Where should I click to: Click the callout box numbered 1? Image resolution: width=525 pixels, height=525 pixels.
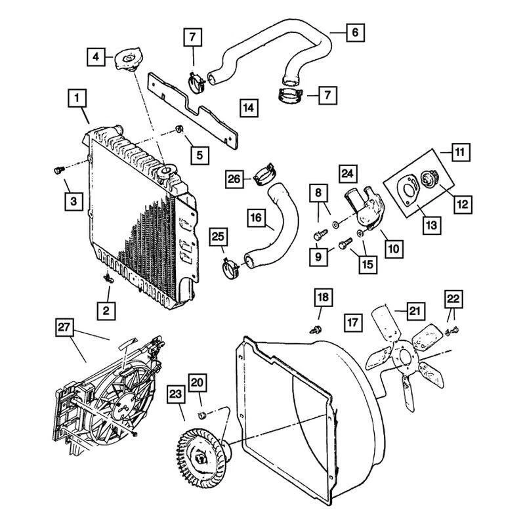pos(77,99)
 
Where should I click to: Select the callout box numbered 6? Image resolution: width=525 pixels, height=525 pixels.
pos(354,31)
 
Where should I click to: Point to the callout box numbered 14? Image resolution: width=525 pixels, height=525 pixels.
pos(249,107)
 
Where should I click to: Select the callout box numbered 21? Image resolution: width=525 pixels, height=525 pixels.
pos(417,310)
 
